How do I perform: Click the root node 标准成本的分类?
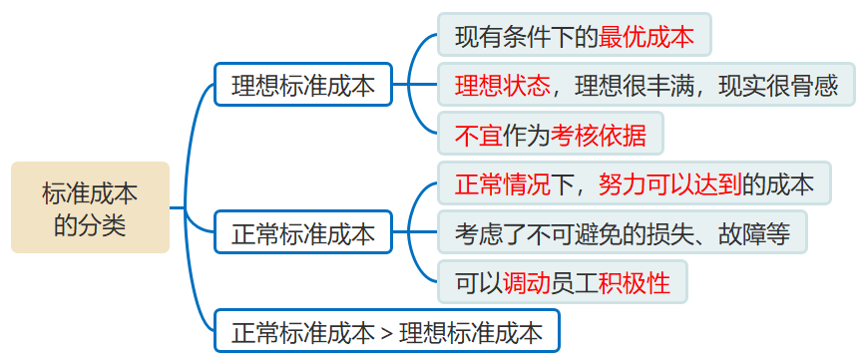pyautogui.click(x=90, y=207)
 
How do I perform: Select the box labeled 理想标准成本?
pyautogui.click(x=303, y=86)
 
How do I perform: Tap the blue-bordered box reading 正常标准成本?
pyautogui.click(x=303, y=235)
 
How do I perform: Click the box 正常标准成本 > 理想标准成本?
pyautogui.click(x=387, y=330)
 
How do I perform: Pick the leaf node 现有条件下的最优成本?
pyautogui.click(x=574, y=38)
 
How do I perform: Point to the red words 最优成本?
pyautogui.click(x=646, y=38)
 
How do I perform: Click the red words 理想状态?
pyautogui.click(x=503, y=86)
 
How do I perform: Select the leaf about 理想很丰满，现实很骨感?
pyautogui.click(x=646, y=86)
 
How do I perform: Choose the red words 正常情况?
pyautogui.click(x=502, y=184)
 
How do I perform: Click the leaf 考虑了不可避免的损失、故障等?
pyautogui.click(x=623, y=234)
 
